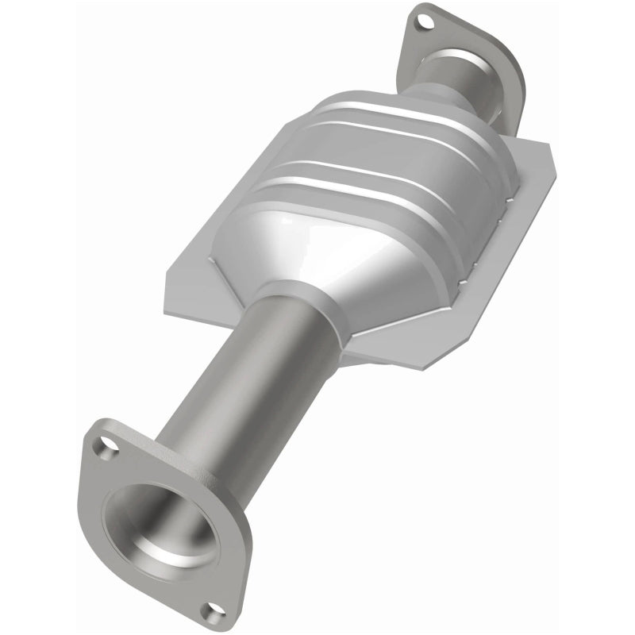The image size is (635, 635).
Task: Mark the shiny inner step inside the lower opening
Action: click(171, 548)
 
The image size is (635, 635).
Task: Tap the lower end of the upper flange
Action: click(508, 119)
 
